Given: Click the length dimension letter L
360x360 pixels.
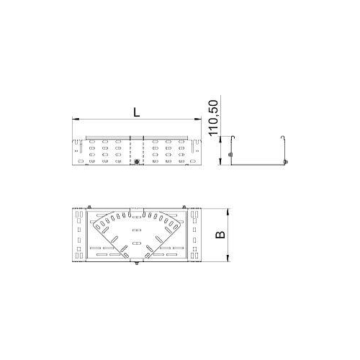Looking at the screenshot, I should tap(135, 112).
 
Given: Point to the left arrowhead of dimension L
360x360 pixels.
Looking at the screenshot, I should tap(74, 119).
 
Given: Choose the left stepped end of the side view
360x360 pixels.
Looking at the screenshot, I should tap(76, 151).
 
